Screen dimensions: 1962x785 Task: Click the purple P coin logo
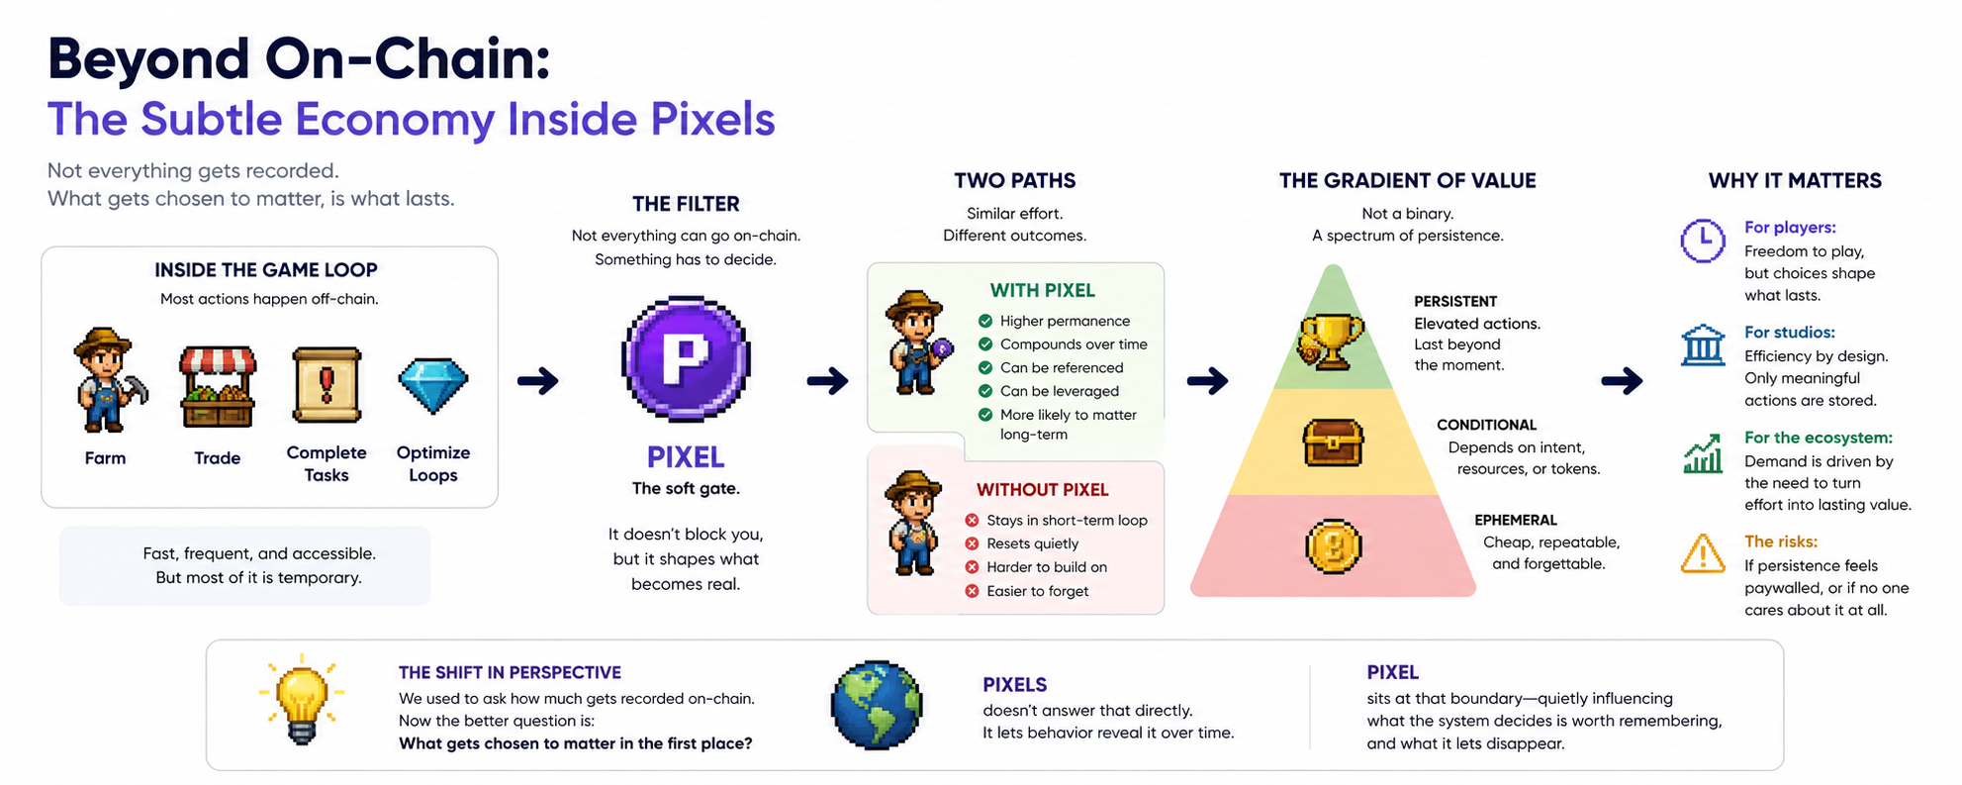686,358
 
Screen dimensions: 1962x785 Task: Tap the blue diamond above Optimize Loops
432,385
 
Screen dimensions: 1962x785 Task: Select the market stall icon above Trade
218,385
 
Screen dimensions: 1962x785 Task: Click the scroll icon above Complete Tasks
327,385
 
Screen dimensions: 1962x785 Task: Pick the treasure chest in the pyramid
1333,442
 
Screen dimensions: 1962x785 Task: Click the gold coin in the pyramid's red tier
1333,545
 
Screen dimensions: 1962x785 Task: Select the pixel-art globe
877,705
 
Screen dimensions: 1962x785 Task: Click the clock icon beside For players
1703,241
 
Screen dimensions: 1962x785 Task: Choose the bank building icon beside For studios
1703,345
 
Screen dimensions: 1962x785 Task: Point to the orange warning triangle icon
1703,554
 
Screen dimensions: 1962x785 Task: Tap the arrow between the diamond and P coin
538,380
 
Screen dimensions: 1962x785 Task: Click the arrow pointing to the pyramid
1207,380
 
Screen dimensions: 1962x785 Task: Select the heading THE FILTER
686,204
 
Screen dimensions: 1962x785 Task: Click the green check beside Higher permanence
984,321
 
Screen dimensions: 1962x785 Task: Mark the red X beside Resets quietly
972,543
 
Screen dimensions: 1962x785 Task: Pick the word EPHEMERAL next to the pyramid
1515,520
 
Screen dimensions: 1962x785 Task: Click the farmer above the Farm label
107,381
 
